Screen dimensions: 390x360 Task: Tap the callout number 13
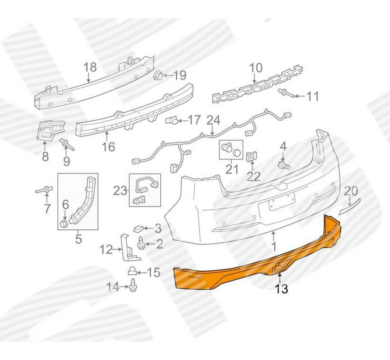[x=282, y=289]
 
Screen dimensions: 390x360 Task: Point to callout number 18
[x=90, y=67]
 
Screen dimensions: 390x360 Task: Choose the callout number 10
[x=256, y=68]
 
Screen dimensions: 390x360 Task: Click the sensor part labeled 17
[x=172, y=121]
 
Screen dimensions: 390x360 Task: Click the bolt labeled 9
[x=67, y=145]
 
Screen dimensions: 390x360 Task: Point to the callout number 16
[x=108, y=147]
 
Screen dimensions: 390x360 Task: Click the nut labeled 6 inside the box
[x=64, y=223]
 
